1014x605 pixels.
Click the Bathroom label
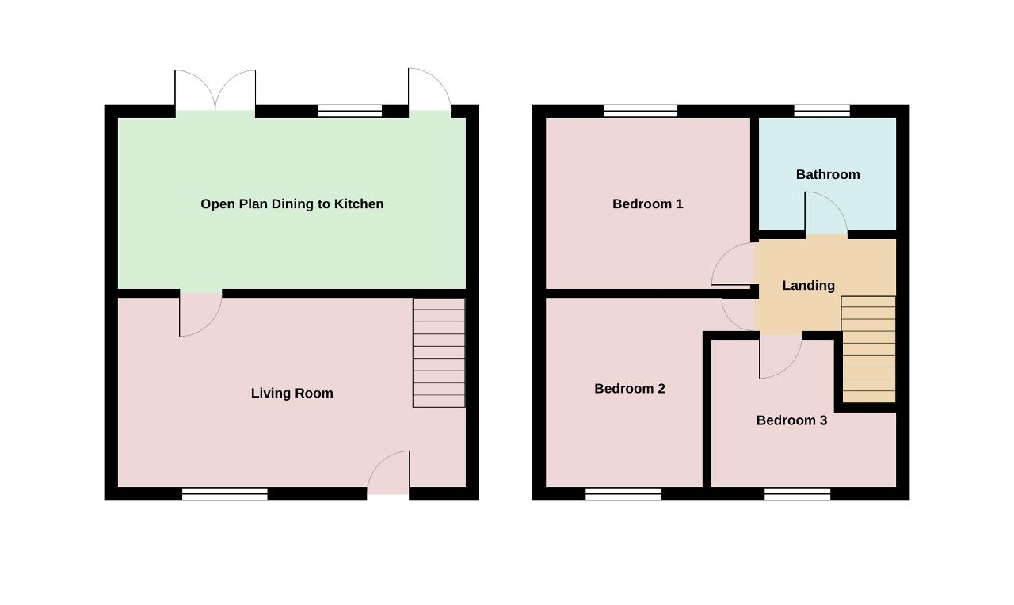(828, 175)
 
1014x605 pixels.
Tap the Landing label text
(809, 286)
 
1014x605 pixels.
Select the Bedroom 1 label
(647, 204)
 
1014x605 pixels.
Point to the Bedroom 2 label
(629, 389)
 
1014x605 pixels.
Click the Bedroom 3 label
(791, 420)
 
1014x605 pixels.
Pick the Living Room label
(292, 393)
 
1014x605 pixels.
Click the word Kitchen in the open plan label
(359, 204)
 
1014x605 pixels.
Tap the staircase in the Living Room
(439, 353)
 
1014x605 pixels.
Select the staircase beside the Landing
(868, 349)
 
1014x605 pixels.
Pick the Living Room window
(224, 493)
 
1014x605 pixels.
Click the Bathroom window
(822, 111)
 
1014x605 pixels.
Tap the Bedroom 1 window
(641, 111)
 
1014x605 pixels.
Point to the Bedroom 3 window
(797, 493)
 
